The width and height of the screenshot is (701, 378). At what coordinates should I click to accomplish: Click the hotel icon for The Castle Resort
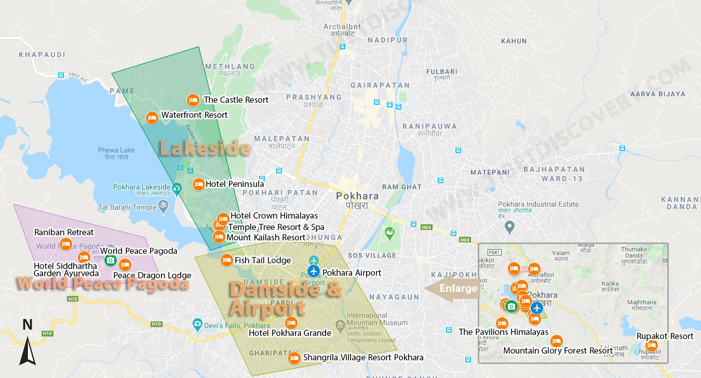coord(193,100)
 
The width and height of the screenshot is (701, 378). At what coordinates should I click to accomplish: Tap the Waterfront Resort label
coord(194,115)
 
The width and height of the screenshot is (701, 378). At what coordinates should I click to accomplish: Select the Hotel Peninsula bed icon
coord(198,184)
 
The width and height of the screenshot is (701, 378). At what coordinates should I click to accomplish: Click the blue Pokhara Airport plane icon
coord(313,271)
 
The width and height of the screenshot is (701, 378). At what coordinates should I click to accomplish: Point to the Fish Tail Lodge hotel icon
coord(226,260)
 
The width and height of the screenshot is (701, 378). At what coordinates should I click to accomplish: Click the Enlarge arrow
coord(451,289)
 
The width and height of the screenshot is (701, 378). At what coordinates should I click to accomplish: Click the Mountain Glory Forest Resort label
coord(558,351)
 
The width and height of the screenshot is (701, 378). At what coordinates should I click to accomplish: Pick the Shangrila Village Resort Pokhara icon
coord(294,357)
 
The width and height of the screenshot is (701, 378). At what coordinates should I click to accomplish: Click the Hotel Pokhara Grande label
coord(290,333)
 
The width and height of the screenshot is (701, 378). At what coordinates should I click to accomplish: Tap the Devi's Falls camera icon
coord(197,325)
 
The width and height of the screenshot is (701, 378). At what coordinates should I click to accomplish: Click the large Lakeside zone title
coord(205,148)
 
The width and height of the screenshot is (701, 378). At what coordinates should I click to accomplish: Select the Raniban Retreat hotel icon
coord(65,244)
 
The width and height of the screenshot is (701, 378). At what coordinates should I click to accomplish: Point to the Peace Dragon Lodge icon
coord(125,264)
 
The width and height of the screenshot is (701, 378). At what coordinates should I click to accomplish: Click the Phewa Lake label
coord(116,153)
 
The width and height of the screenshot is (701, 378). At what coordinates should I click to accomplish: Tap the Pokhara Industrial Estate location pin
coord(510,226)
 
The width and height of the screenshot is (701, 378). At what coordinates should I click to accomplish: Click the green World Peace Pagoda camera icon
coord(110,260)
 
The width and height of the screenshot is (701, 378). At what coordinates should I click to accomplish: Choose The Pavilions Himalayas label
coord(503,332)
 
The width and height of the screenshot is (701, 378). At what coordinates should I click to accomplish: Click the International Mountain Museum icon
coord(340,327)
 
